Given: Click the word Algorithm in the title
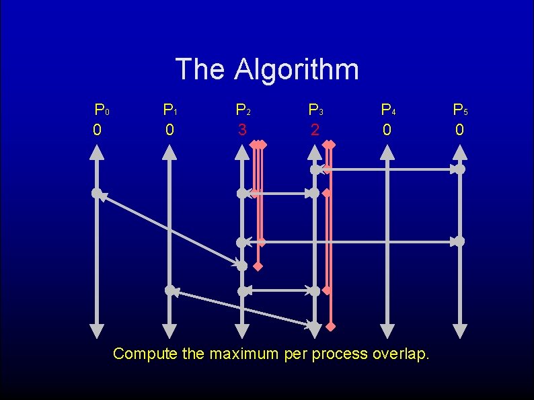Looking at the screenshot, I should coord(297,69).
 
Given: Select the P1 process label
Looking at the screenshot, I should coord(171,109).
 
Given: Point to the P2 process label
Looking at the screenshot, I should coord(243,109).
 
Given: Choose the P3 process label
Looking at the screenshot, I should coord(315,109).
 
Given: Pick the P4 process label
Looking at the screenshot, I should coord(387,109).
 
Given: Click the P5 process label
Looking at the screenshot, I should coord(460,109).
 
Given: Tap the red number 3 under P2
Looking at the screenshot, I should coord(241,128).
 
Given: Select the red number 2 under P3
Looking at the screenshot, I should coord(314,128).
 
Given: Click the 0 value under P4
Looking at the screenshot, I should coord(386,128).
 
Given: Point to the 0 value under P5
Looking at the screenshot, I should coord(459,128).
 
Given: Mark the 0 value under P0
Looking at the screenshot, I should coord(97,128).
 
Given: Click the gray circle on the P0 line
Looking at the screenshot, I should coord(97,194).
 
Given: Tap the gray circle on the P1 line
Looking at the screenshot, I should coord(170,290).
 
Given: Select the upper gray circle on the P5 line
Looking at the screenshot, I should coord(459,169).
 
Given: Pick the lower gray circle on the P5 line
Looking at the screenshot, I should coord(459,241).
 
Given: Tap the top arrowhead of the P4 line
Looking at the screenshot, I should coord(387,153).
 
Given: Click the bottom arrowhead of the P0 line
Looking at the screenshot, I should coord(97,330).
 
